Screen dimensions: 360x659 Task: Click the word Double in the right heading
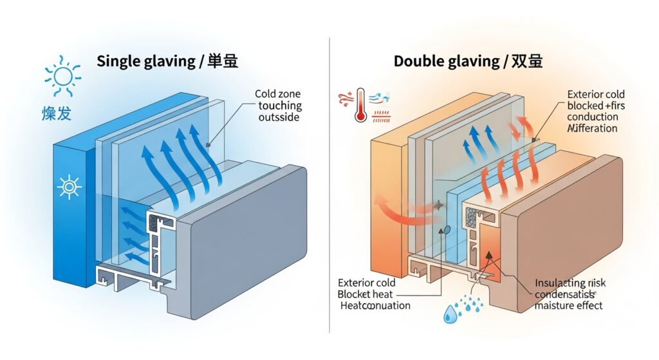coord(417,62)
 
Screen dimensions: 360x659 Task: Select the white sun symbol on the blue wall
coord(68,187)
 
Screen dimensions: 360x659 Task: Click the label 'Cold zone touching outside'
coord(279,106)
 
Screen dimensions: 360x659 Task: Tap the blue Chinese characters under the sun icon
coord(56,115)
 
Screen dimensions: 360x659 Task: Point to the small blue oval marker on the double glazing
coord(445,229)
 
